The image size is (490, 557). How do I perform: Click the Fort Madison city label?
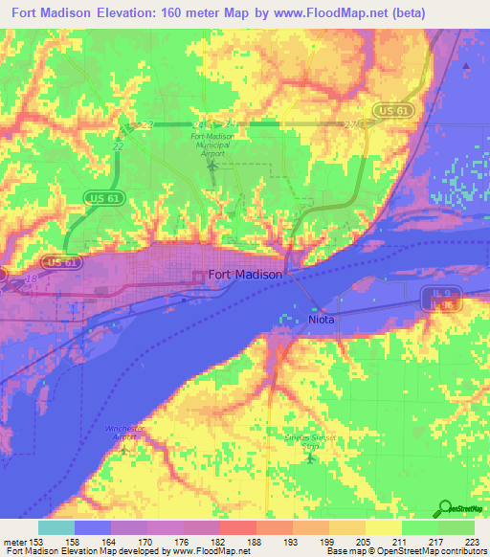[246, 274]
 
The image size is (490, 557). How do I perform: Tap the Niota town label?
[322, 320]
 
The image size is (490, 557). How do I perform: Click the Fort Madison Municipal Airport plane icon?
[212, 167]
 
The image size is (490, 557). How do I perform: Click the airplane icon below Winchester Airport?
[122, 448]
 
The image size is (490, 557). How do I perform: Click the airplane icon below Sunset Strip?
[310, 457]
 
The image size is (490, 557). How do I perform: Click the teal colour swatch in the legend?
[56, 527]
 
